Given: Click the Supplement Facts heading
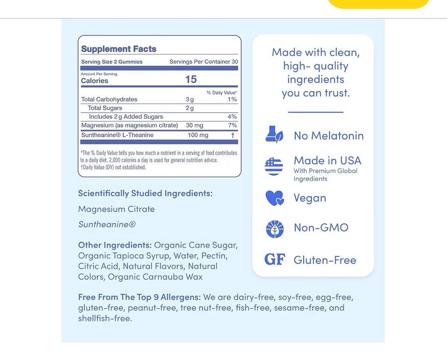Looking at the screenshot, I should click(x=119, y=49).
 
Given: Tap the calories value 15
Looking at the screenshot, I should click(x=191, y=79).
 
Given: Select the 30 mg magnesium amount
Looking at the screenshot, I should click(x=194, y=126).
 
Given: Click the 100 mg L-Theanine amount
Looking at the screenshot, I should click(x=198, y=135).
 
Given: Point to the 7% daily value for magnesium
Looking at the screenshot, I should click(x=232, y=126).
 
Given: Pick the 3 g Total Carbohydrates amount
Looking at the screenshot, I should click(x=189, y=99).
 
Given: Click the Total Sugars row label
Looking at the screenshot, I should click(x=105, y=108).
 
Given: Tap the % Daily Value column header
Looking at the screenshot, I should click(x=222, y=92).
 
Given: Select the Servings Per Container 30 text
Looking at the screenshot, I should click(x=203, y=62).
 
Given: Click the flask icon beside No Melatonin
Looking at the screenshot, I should click(x=274, y=134).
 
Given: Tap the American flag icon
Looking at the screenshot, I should click(x=274, y=166).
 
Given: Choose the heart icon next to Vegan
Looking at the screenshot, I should click(x=274, y=198).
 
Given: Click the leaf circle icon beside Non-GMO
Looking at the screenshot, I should click(x=274, y=229).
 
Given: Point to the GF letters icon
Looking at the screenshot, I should click(x=275, y=260).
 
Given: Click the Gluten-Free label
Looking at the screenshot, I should click(x=325, y=260).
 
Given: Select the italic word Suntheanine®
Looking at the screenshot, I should click(x=107, y=224).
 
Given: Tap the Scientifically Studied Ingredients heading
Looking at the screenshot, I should click(x=145, y=193).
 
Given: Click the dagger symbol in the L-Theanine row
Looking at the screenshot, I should click(x=233, y=136).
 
